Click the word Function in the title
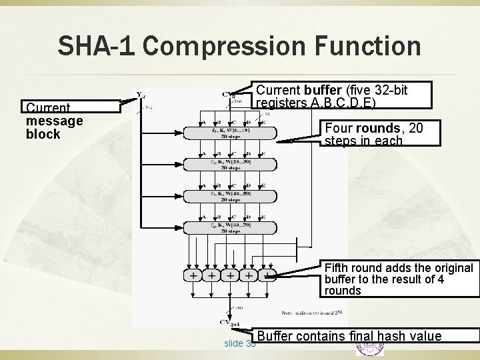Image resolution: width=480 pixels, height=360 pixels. [364, 46]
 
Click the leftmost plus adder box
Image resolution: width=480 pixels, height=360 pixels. [193, 275]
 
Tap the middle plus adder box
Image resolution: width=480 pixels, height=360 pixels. [230, 275]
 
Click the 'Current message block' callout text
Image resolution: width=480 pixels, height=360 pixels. [54, 121]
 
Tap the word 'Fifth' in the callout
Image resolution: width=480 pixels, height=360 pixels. [337, 268]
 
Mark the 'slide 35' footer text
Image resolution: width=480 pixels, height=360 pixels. [240, 343]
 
